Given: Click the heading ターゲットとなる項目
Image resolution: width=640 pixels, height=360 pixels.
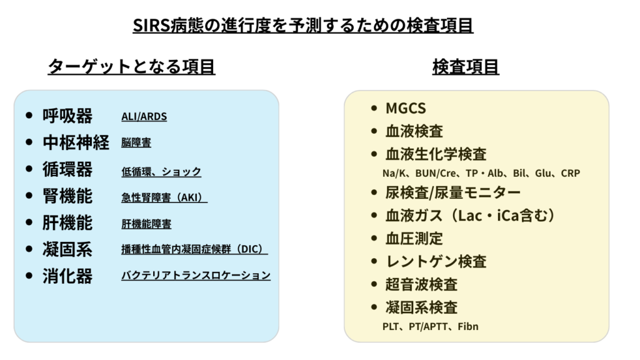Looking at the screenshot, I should [x=131, y=67].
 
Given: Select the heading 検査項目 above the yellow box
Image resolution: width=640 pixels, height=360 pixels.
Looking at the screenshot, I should [x=466, y=67].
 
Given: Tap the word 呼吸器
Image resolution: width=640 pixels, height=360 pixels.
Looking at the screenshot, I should [x=67, y=116].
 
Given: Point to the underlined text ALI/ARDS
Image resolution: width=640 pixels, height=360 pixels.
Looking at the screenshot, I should [x=144, y=117].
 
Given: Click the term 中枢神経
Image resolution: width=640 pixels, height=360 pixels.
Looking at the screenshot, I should [x=76, y=142].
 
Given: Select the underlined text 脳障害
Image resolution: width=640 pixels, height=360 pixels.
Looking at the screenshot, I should [x=136, y=143].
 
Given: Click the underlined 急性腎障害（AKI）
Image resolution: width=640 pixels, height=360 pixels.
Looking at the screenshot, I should [x=164, y=197].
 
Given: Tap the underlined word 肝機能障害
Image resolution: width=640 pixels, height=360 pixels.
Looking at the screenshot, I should [x=146, y=224].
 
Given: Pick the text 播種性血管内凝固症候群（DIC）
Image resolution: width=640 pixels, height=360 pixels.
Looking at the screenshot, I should [x=194, y=249].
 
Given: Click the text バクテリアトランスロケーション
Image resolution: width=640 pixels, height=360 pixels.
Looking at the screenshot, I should [x=196, y=276].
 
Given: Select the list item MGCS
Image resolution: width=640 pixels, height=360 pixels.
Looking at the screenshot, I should [x=406, y=108].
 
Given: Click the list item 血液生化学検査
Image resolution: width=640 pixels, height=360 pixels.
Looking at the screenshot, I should [x=436, y=154].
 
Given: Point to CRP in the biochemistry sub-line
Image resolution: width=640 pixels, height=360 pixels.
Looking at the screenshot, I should [x=570, y=172].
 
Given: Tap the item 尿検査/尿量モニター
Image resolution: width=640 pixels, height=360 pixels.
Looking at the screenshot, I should [x=452, y=192].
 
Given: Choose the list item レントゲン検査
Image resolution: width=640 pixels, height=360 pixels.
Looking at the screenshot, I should [x=436, y=261].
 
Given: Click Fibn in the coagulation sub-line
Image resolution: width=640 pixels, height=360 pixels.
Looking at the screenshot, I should [x=467, y=326].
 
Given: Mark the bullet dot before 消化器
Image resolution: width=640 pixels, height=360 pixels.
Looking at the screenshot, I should [x=29, y=276].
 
